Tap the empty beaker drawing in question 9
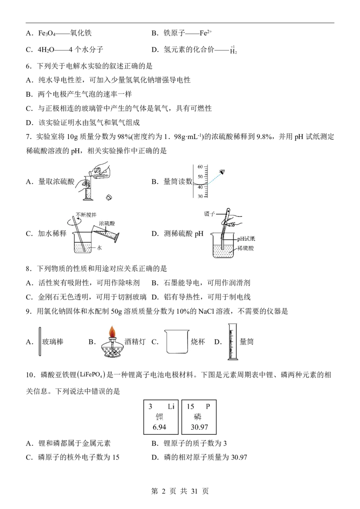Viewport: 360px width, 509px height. pyautogui.click(x=177, y=341)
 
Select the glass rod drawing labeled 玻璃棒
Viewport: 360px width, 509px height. pyautogui.click(x=40, y=341)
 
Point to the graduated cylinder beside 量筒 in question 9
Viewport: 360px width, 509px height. pyautogui.click(x=232, y=341)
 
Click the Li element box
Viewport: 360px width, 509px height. pyautogui.click(x=161, y=417)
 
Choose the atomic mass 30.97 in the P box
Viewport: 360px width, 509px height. pyautogui.click(x=199, y=427)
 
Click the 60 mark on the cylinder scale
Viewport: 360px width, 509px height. pyautogui.click(x=200, y=167)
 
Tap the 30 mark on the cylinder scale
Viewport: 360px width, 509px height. pyautogui.click(x=200, y=196)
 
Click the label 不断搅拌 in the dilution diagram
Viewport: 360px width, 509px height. pyautogui.click(x=86, y=215)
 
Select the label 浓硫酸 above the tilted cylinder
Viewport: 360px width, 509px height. pyautogui.click(x=107, y=223)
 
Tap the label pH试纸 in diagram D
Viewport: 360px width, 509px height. pyautogui.click(x=246, y=239)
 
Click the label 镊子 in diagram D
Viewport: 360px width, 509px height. pyautogui.click(x=209, y=214)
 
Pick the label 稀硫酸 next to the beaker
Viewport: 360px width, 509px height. pyautogui.click(x=245, y=248)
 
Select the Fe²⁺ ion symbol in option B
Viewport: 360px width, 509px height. pyautogui.click(x=206, y=33)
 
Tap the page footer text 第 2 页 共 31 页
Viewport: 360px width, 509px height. pyautogui.click(x=180, y=491)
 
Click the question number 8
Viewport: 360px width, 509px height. pyautogui.click(x=28, y=269)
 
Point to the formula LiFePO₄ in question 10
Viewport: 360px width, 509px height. pyautogui.click(x=92, y=375)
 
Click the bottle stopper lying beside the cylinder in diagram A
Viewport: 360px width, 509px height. pyautogui.click(x=109, y=197)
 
